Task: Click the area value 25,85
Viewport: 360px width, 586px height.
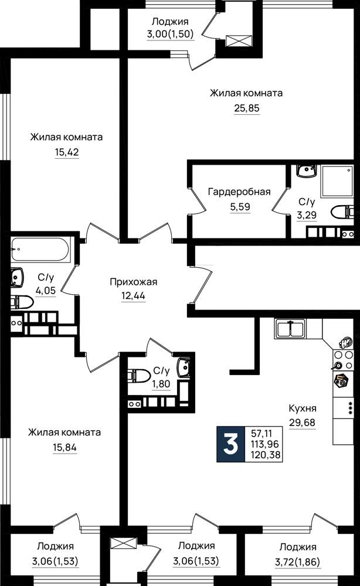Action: pos(247,108)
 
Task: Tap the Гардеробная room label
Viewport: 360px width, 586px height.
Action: pos(239,192)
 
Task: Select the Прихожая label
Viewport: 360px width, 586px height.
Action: pos(134,282)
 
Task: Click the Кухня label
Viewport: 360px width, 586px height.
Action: pos(303,408)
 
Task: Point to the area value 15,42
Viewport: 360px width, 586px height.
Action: pos(67,152)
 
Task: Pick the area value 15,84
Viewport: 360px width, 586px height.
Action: pos(64,447)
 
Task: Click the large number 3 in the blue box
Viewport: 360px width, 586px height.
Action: pos(230,444)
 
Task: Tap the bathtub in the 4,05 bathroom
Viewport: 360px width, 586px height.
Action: pos(40,250)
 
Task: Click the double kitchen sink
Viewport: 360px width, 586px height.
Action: pos(291,329)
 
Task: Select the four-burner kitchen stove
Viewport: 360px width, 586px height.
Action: pos(343,360)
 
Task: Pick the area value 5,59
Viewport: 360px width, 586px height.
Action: pos(240,207)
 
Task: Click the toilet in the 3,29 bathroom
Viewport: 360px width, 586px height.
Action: pos(342,212)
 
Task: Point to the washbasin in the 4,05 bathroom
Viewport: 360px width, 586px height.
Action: pos(17,278)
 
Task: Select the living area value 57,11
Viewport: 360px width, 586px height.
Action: pos(261,434)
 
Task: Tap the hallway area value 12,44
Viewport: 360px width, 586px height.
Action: pos(133,296)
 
